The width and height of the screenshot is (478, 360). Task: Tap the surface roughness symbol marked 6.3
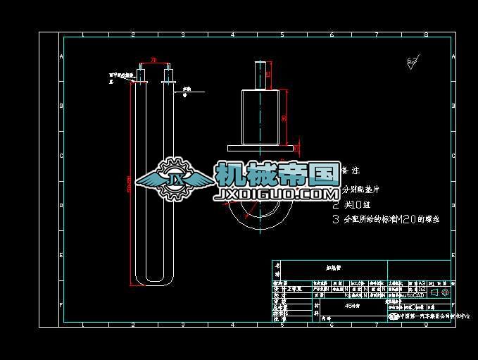click(x=413, y=63)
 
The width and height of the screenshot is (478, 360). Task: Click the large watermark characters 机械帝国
click(x=277, y=173)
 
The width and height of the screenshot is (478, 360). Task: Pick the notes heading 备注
click(x=351, y=170)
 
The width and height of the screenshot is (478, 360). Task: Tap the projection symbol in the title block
click(x=439, y=292)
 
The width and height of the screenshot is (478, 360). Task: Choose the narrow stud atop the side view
click(x=260, y=75)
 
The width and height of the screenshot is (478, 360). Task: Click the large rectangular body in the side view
click(x=261, y=116)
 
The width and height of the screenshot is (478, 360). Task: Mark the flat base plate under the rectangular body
click(x=260, y=147)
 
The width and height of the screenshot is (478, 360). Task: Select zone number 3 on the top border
click(x=182, y=34)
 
